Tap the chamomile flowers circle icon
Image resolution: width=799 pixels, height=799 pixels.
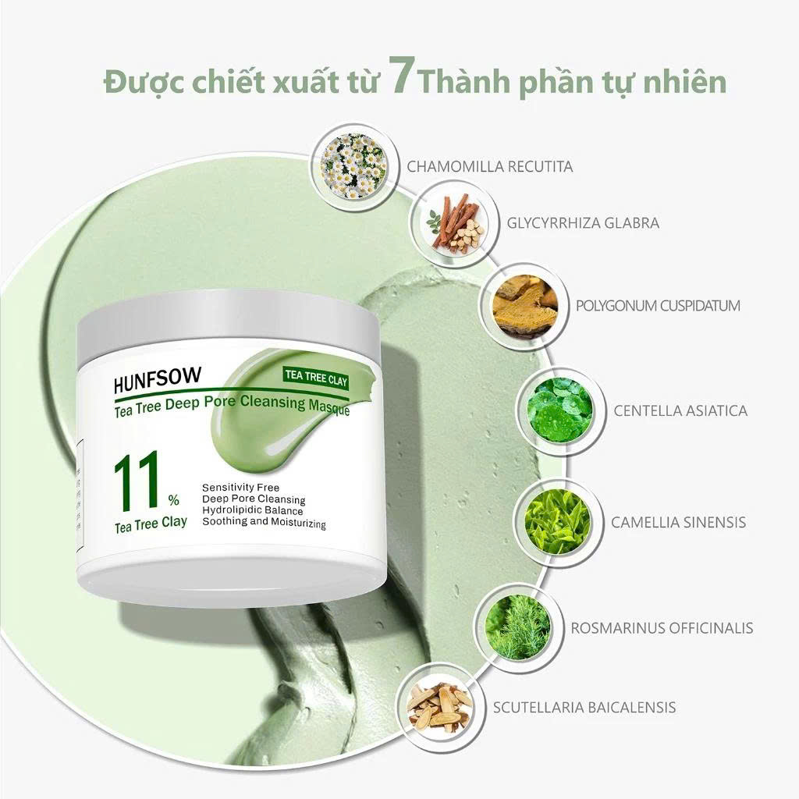point(353,167)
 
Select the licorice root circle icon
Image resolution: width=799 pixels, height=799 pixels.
point(455,222)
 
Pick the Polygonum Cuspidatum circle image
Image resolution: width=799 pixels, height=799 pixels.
point(525,306)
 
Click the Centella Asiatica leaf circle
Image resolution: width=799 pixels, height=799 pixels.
point(560,410)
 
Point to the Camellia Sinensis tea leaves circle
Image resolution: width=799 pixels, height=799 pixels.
point(557,522)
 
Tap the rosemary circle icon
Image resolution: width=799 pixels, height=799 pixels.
point(517,627)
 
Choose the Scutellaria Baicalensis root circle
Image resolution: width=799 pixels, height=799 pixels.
point(440,707)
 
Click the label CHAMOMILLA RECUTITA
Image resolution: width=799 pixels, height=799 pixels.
point(489,167)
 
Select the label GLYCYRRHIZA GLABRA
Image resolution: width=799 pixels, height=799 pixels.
point(583,222)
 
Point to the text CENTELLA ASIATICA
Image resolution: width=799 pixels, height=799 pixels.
point(680,410)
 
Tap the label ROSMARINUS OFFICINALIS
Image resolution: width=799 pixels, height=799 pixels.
point(662,628)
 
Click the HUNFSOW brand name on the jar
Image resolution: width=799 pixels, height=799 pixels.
point(158,380)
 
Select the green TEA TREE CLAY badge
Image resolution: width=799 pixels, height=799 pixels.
point(316,378)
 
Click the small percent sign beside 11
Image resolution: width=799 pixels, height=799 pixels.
point(174,500)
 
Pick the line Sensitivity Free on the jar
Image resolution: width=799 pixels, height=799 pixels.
point(240,488)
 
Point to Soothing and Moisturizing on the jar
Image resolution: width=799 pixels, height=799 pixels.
point(264,522)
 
